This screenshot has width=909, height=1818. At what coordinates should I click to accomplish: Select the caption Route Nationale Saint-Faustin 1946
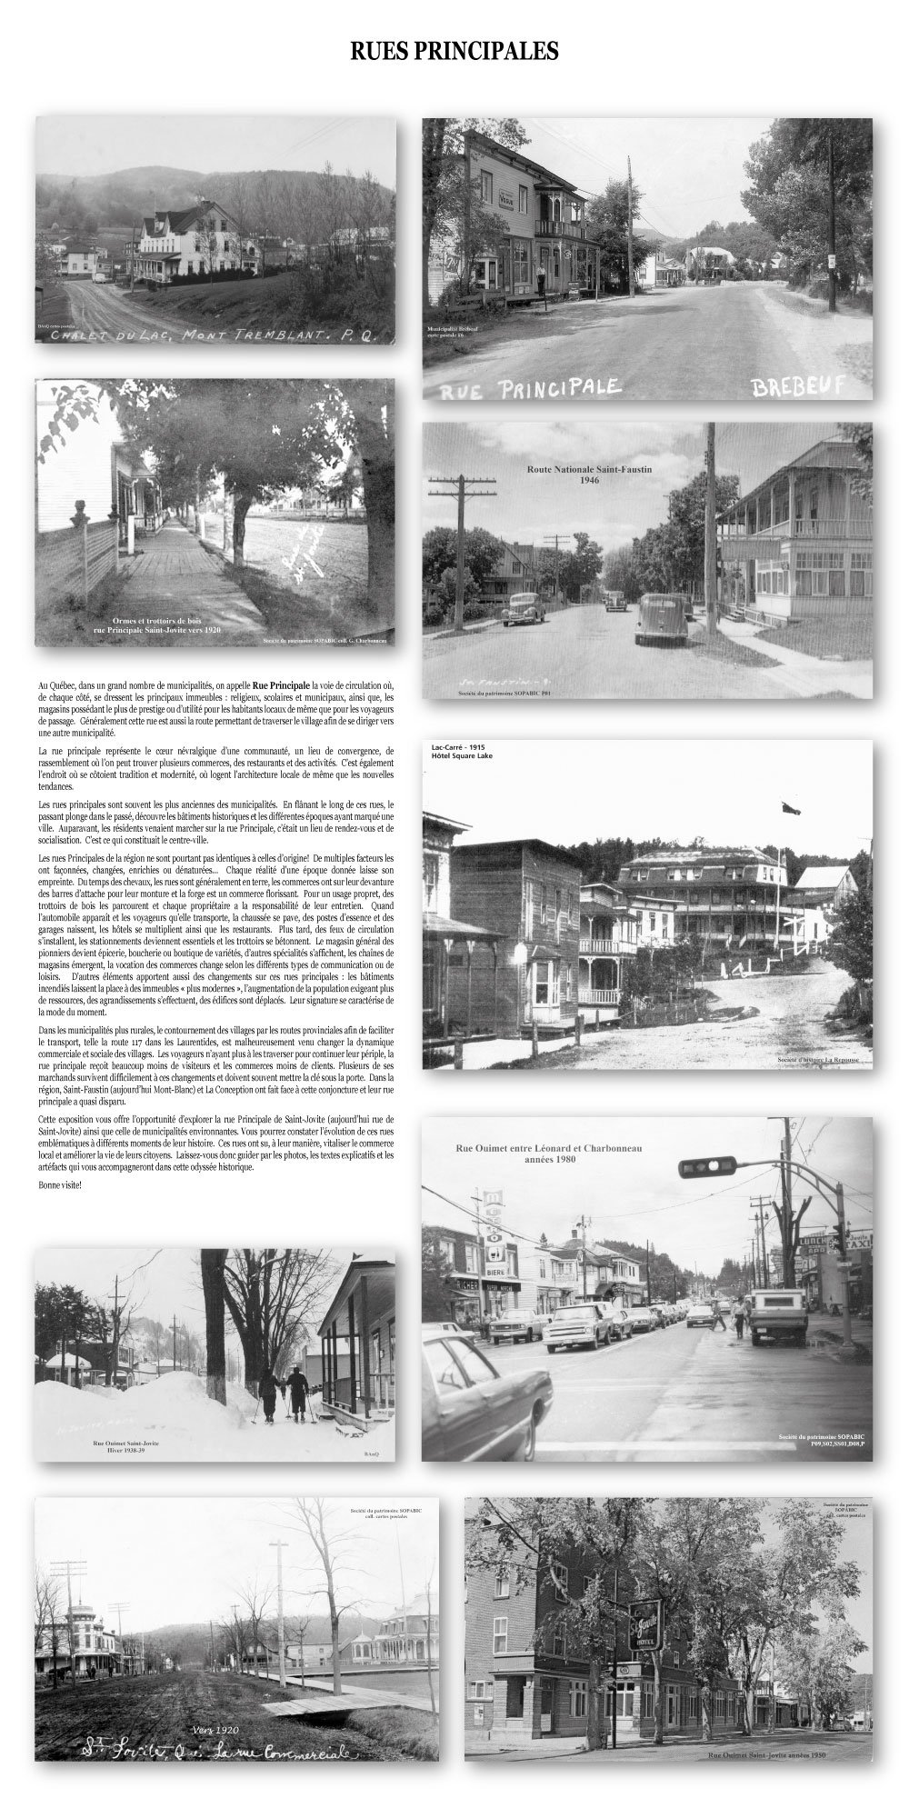[591, 474]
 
